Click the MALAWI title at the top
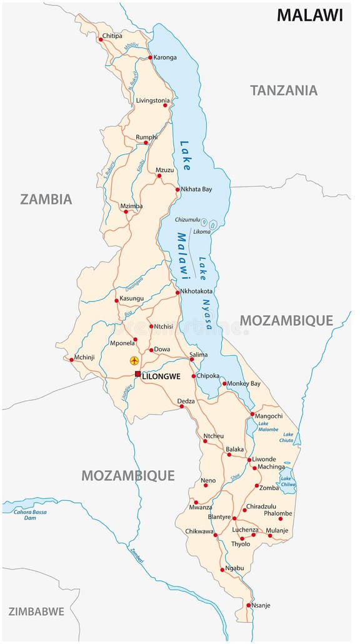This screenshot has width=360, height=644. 310,15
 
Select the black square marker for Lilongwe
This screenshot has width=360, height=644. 138,374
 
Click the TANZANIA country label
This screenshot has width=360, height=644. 284,90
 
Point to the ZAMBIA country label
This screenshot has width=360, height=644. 46,199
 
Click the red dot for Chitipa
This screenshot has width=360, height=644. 101,39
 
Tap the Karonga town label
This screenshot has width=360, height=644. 165,58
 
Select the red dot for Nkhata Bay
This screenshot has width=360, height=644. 177,189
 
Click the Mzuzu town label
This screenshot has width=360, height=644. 165,169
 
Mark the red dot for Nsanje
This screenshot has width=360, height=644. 248,605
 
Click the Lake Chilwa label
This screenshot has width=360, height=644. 287,481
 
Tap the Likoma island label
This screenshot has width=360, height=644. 202,232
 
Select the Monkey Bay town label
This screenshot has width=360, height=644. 244,383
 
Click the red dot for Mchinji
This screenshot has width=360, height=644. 71,359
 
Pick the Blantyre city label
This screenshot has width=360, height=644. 219,517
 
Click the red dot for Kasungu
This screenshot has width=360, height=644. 116,300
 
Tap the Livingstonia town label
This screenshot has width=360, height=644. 153,100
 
